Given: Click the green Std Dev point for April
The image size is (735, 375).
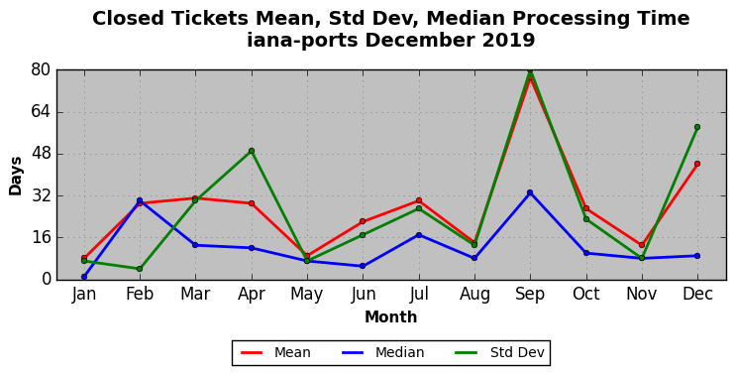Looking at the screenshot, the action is coord(252,151).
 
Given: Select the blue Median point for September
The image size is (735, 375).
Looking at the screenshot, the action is coord(530,192).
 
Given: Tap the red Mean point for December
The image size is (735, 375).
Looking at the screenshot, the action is coord(697,164).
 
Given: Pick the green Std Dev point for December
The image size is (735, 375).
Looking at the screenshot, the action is coord(697,127).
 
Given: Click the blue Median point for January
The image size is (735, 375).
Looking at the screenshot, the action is coord(84,277).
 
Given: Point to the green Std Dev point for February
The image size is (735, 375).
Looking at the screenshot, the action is coord(140,269).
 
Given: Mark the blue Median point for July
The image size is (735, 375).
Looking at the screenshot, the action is coord(419,235).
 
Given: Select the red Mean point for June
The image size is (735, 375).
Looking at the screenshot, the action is coord(363,221).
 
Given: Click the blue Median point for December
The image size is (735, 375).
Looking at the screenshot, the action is coord(697,256).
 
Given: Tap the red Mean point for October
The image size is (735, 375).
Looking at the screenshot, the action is coord(586,208).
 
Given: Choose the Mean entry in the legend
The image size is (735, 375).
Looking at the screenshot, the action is coord(275,352).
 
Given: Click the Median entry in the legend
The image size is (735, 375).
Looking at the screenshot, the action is coord(382,352).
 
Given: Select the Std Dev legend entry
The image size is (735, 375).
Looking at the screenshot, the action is coord(500,352).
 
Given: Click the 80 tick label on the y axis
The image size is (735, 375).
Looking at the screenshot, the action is coord(42,70).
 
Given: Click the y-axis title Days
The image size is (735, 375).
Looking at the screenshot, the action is coord(16,176).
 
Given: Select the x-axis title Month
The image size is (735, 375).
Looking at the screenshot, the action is coord(390,317).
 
